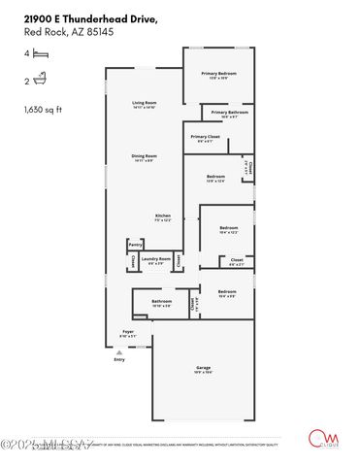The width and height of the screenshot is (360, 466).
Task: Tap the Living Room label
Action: click(x=145, y=105)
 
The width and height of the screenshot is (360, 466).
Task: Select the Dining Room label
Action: click(x=145, y=157)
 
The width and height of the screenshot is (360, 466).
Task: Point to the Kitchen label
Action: click(x=163, y=216)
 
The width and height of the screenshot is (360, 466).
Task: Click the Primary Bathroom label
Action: click(x=226, y=115)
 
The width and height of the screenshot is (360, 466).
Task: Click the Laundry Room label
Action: click(x=156, y=260)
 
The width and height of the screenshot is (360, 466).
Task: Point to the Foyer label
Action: click(x=128, y=333)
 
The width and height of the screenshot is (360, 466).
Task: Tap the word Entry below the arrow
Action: click(x=119, y=360)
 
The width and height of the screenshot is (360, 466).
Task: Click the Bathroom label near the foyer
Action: click(x=161, y=303)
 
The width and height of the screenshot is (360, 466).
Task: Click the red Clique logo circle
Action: click(x=315, y=437)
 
